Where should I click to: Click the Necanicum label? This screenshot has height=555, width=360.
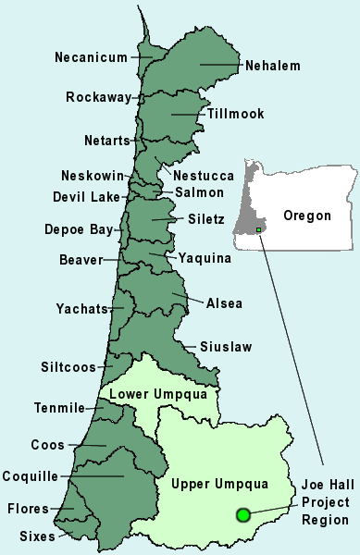point(90,57)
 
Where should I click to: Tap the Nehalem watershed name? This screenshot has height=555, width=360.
point(272,66)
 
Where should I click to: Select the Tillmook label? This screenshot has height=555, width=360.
point(235,114)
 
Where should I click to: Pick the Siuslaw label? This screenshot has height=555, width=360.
point(225,347)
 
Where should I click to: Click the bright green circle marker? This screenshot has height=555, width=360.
point(243,514)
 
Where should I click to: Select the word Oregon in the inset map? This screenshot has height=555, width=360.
point(306,216)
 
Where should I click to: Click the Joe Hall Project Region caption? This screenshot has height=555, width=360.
point(325,503)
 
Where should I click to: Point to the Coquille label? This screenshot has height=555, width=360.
point(32,476)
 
